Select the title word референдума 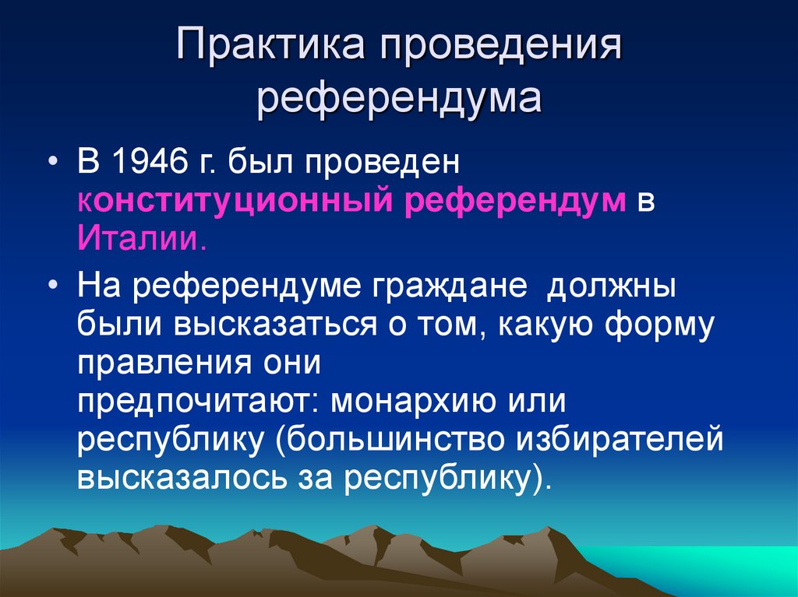[399, 101]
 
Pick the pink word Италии [141, 237]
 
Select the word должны [611, 288]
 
